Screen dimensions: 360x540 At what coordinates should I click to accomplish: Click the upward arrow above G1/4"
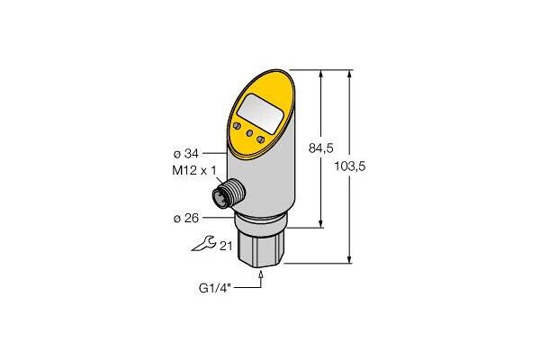tap(261, 274)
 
